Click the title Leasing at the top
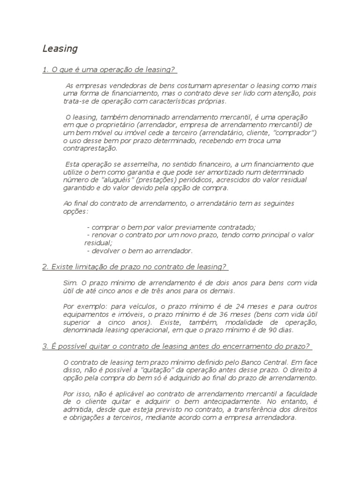click(x=60, y=48)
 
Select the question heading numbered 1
click(x=109, y=70)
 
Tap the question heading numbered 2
click(x=135, y=267)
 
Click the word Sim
click(x=69, y=283)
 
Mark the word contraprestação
click(x=90, y=149)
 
